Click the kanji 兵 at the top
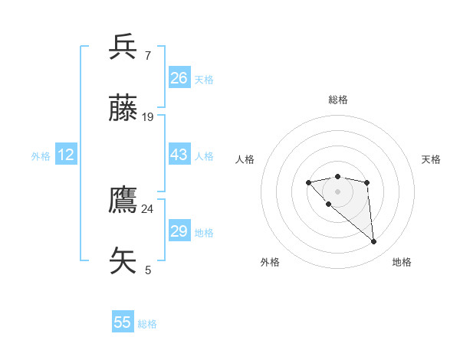123,47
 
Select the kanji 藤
123,110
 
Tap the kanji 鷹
123,201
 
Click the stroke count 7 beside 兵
147,55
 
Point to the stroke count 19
148,117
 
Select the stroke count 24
148,208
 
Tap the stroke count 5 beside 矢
148,270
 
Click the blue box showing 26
179,78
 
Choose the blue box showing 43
179,155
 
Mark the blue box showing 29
179,231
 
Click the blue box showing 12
65,155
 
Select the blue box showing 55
123,322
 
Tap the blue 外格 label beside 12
41,156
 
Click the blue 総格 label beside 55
147,324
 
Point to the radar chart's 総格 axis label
337,100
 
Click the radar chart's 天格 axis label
431,159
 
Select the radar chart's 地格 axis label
402,262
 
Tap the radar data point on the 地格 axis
374,242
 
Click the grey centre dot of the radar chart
337,191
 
